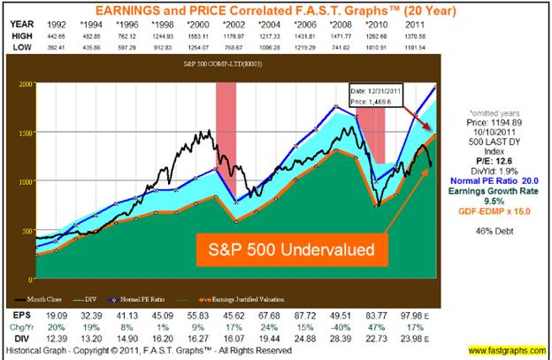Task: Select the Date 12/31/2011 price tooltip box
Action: [372, 96]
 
